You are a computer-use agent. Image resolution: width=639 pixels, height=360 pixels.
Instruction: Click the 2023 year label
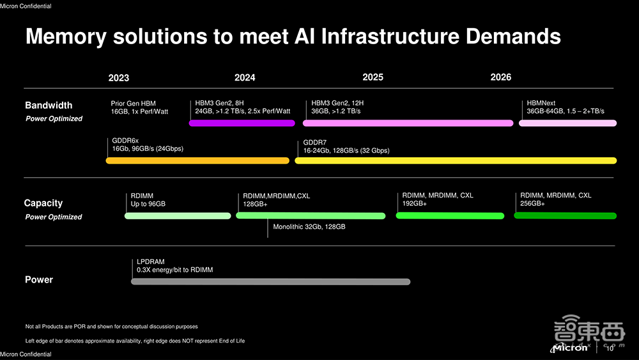pyautogui.click(x=119, y=78)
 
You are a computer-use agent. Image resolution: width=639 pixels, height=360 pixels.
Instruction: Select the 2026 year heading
pyautogui.click(x=500, y=77)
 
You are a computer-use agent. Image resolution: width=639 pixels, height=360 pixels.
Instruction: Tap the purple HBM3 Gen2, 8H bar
pyautogui.click(x=242, y=123)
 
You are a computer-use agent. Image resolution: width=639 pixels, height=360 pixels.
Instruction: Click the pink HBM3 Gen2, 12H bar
pyautogui.click(x=408, y=123)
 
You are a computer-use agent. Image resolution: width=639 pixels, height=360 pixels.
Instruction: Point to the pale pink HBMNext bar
pyautogui.click(x=567, y=123)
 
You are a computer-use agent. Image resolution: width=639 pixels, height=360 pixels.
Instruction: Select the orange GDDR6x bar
pyautogui.click(x=197, y=160)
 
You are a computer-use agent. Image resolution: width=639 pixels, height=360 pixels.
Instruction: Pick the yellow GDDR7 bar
pyautogui.click(x=456, y=160)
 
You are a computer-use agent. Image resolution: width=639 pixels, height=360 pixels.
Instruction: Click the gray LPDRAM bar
pyautogui.click(x=270, y=282)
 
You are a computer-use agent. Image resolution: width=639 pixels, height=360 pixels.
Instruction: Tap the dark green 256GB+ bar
pyautogui.click(x=566, y=215)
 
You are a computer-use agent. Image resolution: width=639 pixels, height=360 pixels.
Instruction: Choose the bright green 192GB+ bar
pyautogui.click(x=450, y=215)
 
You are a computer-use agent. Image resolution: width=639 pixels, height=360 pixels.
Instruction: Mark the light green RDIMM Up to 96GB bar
pyautogui.click(x=178, y=215)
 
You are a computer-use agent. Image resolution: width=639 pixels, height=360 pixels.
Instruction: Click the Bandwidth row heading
pyautogui.click(x=49, y=106)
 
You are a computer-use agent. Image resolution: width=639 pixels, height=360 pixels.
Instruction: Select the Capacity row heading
pyautogui.click(x=43, y=203)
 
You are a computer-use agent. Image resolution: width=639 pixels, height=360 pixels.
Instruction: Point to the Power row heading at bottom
pyautogui.click(x=39, y=279)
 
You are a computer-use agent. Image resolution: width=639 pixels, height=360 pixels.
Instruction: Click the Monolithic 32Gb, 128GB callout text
pyautogui.click(x=309, y=227)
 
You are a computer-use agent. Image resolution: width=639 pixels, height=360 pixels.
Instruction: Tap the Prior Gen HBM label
pyautogui.click(x=134, y=104)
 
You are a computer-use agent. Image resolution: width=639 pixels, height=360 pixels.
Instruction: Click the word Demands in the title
pyautogui.click(x=513, y=36)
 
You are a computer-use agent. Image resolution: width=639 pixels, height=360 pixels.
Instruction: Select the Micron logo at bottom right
pyautogui.click(x=570, y=348)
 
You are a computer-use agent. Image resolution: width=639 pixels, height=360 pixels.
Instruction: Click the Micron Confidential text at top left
pyautogui.click(x=26, y=6)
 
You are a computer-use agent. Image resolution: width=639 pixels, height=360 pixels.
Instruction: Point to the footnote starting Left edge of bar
pyautogui.click(x=135, y=341)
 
